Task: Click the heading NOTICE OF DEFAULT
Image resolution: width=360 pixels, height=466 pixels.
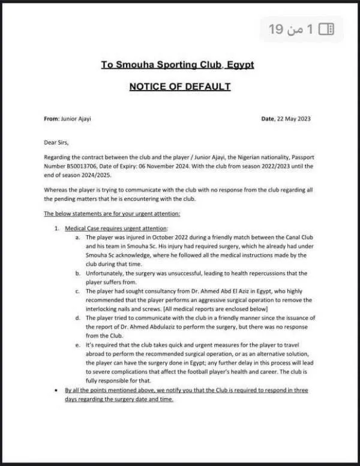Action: tap(180, 87)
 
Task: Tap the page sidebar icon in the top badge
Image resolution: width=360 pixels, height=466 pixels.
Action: tap(327, 28)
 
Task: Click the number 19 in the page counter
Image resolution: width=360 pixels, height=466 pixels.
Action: tap(275, 29)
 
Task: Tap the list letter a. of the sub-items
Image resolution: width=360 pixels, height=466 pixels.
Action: tap(78, 238)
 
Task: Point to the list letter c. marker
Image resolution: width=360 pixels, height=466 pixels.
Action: tap(78, 291)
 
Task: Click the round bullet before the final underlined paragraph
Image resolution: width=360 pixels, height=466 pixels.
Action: tap(56, 390)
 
